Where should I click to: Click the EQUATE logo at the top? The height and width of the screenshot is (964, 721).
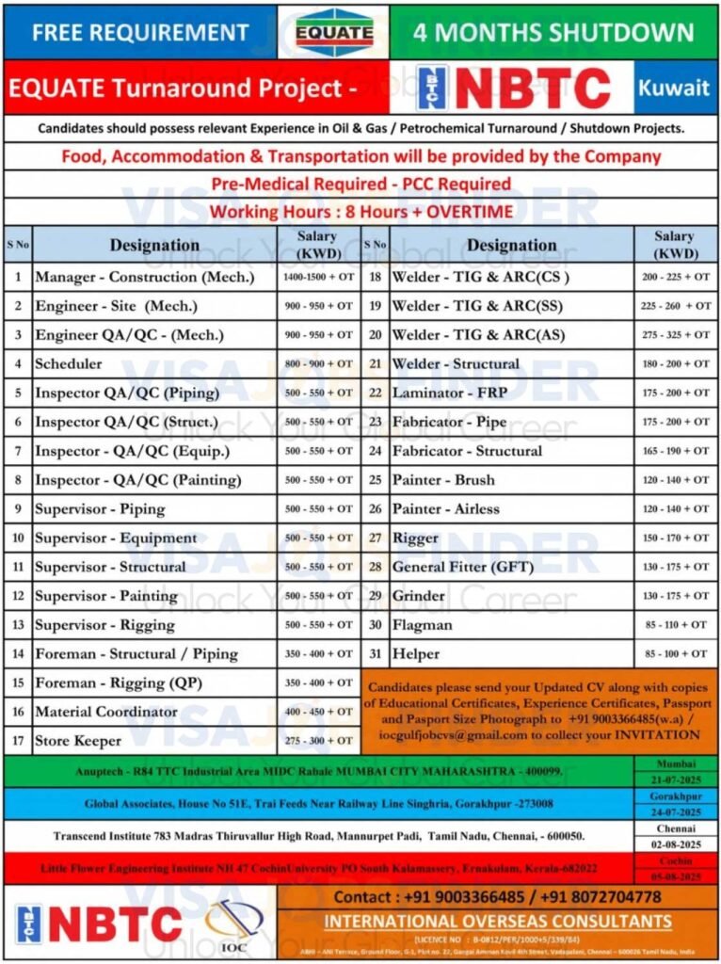click(x=333, y=32)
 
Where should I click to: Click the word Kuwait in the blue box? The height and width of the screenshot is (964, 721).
click(x=673, y=88)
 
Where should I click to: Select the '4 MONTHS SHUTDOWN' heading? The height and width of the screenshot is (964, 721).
click(x=553, y=33)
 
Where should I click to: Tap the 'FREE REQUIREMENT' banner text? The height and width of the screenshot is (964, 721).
click(x=140, y=33)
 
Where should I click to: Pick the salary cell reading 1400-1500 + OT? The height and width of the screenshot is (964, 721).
click(x=318, y=278)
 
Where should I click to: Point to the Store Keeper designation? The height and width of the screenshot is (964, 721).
click(x=78, y=741)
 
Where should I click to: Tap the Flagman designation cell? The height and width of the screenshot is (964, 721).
click(x=422, y=625)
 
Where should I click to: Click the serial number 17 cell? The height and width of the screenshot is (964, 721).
click(x=18, y=741)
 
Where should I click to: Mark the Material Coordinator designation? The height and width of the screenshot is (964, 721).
click(x=106, y=712)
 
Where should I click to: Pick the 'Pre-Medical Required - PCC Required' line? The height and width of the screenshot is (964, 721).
click(x=360, y=184)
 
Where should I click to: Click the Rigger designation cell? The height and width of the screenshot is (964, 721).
click(x=415, y=538)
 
